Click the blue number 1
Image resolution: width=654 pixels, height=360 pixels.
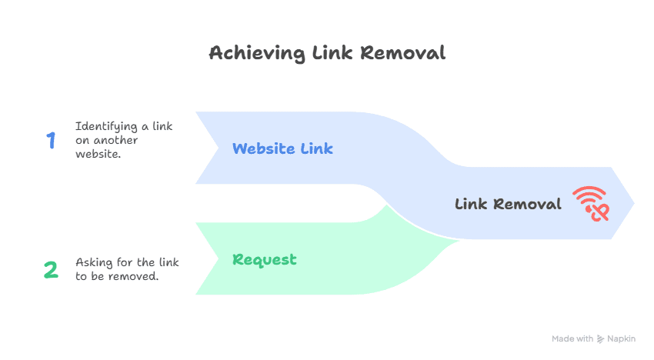pos(51,141)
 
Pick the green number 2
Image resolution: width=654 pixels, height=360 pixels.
pos(51,269)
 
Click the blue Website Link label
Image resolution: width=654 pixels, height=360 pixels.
pos(282,148)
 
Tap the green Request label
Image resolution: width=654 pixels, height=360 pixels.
pos(264,259)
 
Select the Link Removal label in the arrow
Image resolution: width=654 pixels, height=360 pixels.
pos(508,204)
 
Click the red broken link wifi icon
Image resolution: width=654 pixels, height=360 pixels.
pos(589,204)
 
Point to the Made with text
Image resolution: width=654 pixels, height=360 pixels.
pos(572,338)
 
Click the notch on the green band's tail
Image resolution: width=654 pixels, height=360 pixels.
pos(218,259)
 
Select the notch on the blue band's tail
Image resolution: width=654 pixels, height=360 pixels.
pos(218,148)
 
